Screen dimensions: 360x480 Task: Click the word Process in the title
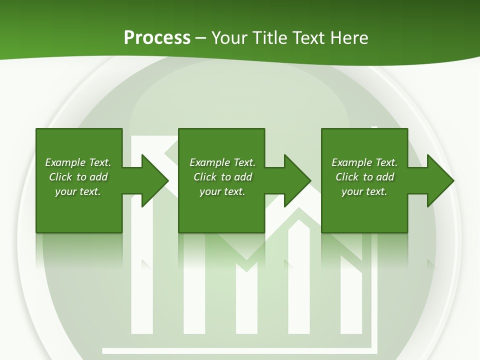tap(157, 38)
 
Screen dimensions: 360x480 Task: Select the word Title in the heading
tap(270, 38)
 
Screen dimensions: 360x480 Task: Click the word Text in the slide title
tap(309, 38)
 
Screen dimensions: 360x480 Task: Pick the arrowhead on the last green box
tap(439, 180)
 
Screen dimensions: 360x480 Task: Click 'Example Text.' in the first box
tap(78, 162)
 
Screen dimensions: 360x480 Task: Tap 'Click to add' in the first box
tap(78, 177)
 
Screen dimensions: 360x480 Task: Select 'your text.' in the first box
tap(78, 191)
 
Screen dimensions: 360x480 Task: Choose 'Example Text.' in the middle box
tap(222, 162)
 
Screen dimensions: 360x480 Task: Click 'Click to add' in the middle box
tap(222, 177)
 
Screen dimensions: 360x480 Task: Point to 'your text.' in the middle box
tap(222, 191)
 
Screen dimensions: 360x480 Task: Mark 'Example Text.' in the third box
tap(364, 162)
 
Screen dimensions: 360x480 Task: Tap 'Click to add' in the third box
tap(364, 177)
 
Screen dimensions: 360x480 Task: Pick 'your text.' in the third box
tap(364, 191)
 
